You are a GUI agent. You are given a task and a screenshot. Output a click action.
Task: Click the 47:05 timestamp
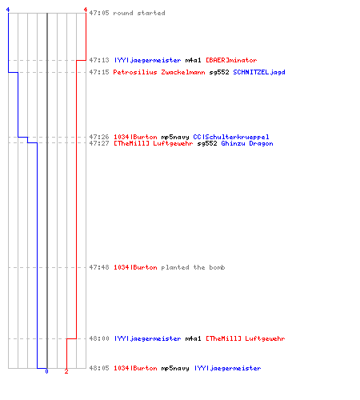pos(99,13)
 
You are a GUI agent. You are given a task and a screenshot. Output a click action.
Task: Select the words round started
pos(139,13)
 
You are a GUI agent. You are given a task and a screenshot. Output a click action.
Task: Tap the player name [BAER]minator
pos(231,60)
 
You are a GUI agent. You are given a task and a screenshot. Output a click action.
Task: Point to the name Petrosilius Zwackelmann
pos(159,72)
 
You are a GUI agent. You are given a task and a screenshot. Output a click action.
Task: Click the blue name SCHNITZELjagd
pos(259,72)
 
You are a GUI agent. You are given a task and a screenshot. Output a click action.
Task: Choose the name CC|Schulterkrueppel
pos(231,137)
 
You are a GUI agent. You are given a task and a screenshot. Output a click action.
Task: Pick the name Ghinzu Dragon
pos(247,143)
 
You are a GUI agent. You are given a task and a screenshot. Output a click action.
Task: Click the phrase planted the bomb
pos(193,267)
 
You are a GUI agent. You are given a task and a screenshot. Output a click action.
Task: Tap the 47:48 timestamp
pos(99,267)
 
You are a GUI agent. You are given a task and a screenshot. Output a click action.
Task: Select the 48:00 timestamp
pos(99,338)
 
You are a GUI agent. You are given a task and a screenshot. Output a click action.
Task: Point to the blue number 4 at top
pos(8,10)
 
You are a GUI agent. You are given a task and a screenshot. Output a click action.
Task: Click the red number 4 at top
pos(86,10)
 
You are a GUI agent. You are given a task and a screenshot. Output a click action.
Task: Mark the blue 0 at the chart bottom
pos(46,371)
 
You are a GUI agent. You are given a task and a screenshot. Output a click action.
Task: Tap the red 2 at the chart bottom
pos(66,371)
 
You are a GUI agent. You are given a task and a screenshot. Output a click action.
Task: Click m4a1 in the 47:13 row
pos(193,60)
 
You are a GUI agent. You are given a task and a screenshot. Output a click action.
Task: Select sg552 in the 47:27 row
pos(207,143)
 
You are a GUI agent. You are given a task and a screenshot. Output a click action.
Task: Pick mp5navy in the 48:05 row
pos(175,368)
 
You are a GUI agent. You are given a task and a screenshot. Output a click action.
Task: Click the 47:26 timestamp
pos(99,137)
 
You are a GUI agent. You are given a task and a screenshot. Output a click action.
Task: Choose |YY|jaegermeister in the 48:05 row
pos(227,368)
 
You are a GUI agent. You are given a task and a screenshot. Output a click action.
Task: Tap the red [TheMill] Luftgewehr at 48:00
pos(246,338)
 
